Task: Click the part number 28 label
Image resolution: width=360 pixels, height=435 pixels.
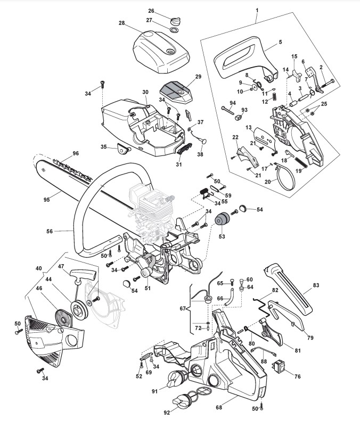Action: (x=122, y=23)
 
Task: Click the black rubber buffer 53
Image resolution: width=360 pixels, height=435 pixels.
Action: (x=222, y=220)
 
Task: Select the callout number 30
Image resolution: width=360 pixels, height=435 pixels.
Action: (x=145, y=92)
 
